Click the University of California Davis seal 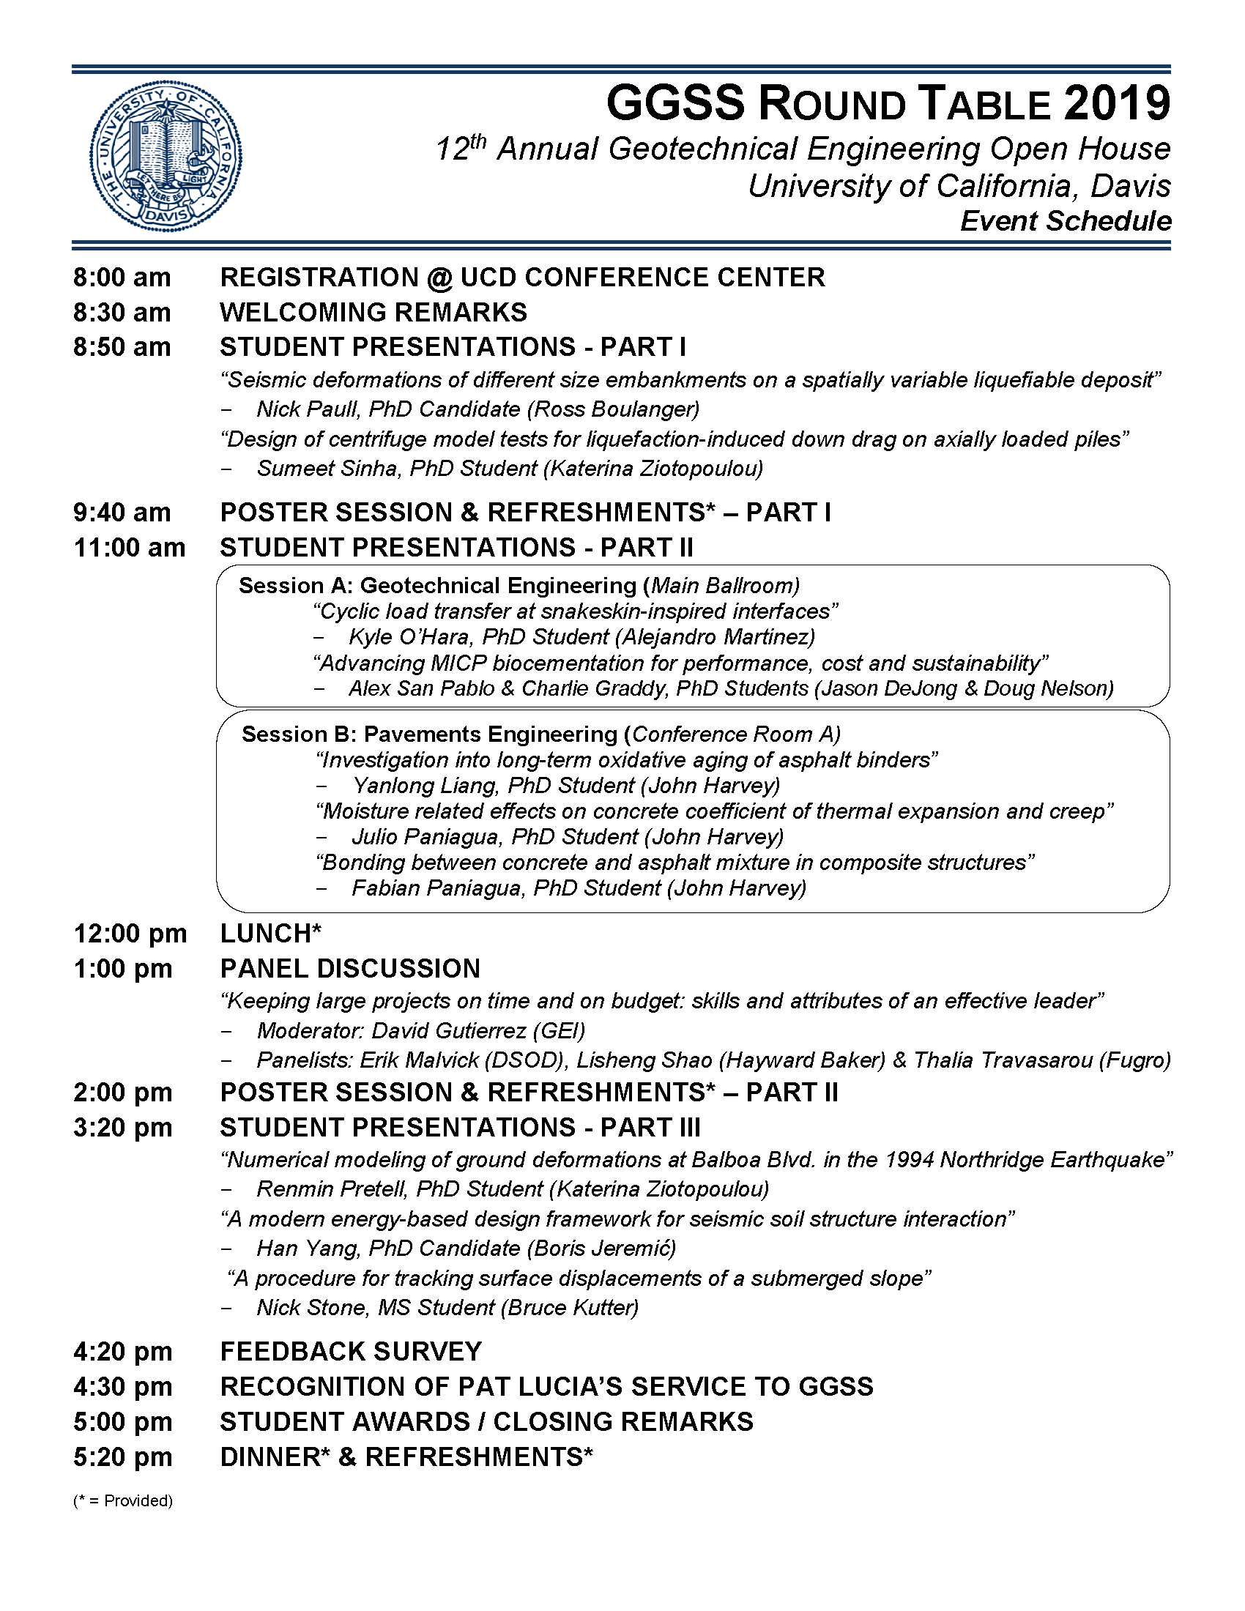[166, 156]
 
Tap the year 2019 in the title [1117, 103]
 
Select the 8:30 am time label [122, 313]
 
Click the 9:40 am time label [122, 513]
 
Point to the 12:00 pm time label [130, 934]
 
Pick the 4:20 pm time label [122, 1352]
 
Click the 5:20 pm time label [122, 1457]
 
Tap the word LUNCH [267, 934]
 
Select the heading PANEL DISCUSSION [350, 969]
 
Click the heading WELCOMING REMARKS [373, 313]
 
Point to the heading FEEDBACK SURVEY [350, 1352]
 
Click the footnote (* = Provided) [122, 1500]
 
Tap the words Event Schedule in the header [1065, 221]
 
